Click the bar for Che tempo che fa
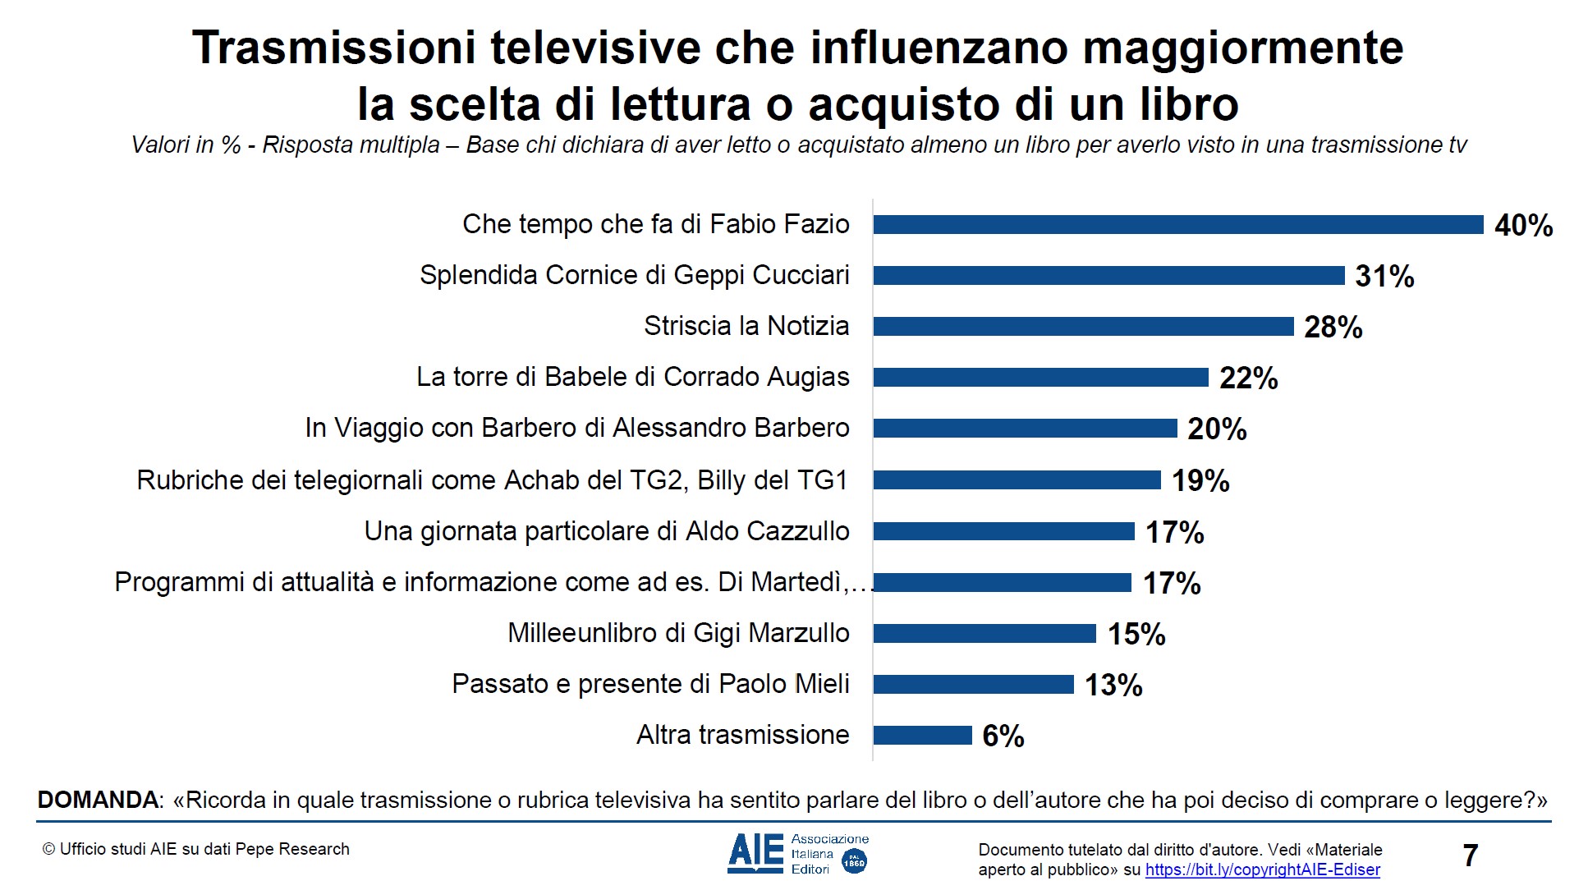[1178, 224]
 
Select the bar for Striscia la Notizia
[1083, 326]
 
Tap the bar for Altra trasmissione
[922, 735]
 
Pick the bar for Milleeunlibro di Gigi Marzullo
[984, 633]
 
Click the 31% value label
[1384, 276]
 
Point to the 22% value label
[1248, 378]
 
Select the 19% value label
[1200, 480]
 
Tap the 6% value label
[1003, 736]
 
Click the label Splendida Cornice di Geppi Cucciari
[634, 275]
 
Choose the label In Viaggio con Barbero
[576, 428]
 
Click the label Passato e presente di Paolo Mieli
[650, 684]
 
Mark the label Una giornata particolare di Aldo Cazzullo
[606, 531]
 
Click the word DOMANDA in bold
[99, 800]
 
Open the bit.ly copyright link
[1262, 869]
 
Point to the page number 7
[1470, 856]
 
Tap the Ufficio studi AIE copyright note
[196, 849]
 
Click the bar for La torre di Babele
[1040, 377]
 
